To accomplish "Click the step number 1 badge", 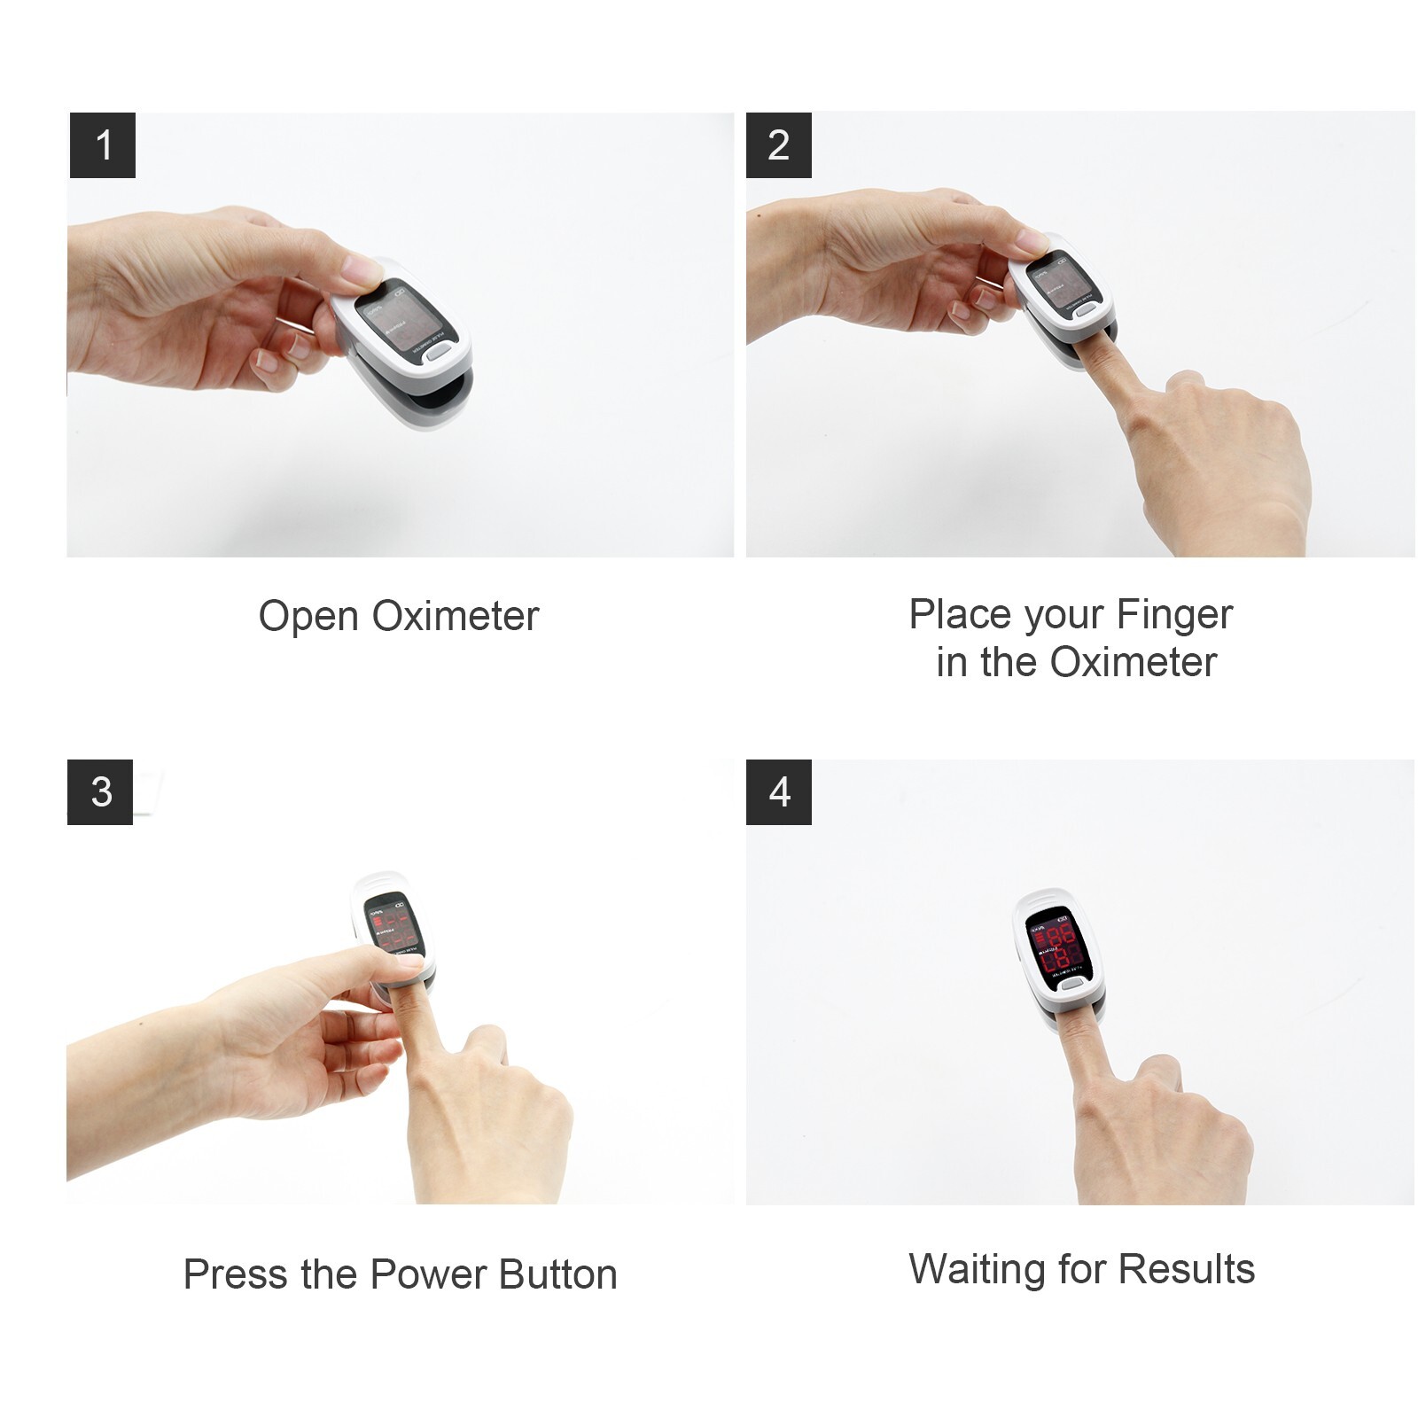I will [103, 145].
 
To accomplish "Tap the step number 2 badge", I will [778, 145].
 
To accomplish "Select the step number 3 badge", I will [100, 791].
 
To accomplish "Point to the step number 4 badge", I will [778, 791].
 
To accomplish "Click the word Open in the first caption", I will [308, 616].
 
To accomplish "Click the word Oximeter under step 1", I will [455, 616].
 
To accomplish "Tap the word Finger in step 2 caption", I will [1173, 614].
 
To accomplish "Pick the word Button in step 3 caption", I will [557, 1274].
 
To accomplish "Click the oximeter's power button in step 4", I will [1071, 983].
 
